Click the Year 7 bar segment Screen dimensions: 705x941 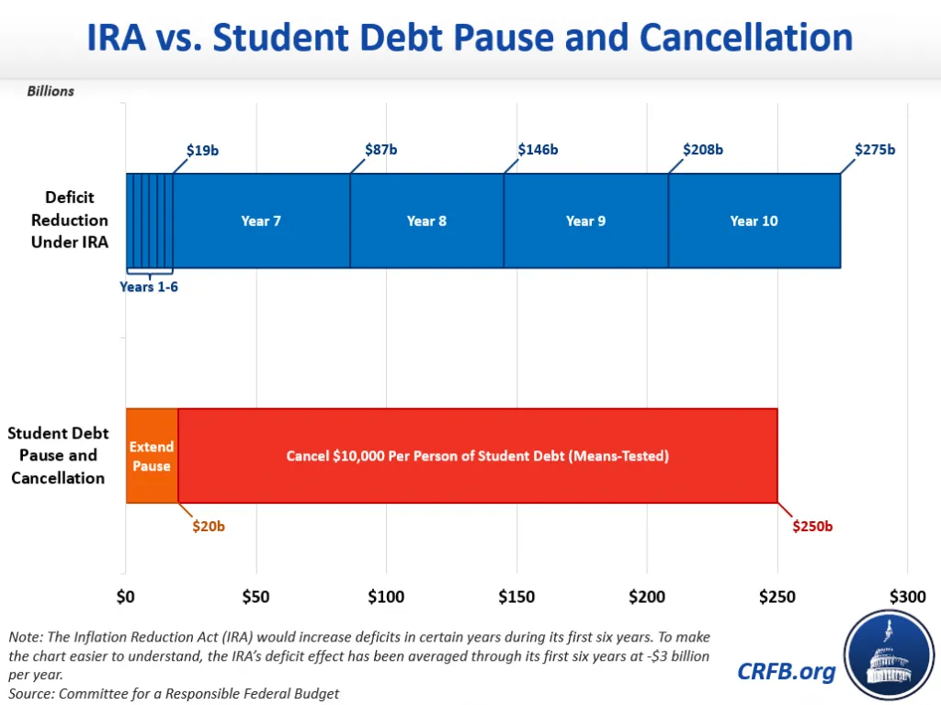tap(261, 221)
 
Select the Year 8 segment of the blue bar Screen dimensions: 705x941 tap(426, 221)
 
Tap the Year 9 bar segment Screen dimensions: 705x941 tap(585, 221)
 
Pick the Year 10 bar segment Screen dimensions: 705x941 tap(754, 221)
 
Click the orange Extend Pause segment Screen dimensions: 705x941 tap(152, 456)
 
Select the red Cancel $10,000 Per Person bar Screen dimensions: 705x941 tap(478, 456)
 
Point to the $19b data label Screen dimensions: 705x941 tap(202, 150)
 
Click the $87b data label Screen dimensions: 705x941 tap(380, 149)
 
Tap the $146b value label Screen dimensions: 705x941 tap(538, 149)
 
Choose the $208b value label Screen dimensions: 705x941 tap(703, 149)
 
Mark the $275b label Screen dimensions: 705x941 tap(874, 149)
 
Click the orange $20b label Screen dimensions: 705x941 tap(207, 528)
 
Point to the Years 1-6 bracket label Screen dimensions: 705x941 tap(150, 287)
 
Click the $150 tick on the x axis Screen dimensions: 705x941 tap(516, 597)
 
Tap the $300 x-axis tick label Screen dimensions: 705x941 tap(907, 597)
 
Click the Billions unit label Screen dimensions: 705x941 tap(51, 91)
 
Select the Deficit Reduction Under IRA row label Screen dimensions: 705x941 tap(70, 221)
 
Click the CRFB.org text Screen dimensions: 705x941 tap(787, 671)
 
